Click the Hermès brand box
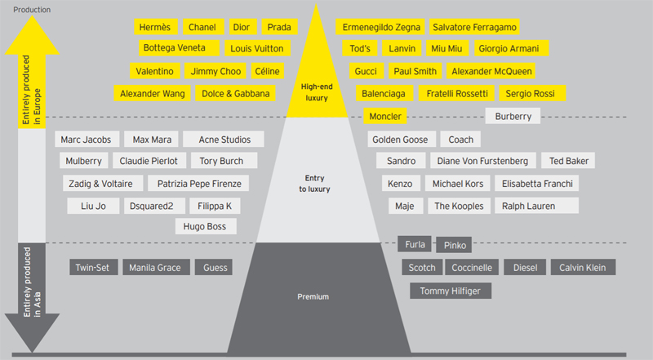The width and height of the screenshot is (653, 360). [x=155, y=27]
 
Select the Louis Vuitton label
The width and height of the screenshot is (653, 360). [x=255, y=48]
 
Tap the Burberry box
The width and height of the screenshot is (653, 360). [x=513, y=116]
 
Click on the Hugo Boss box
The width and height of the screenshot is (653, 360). [x=206, y=226]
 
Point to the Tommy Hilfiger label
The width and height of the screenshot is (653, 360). [x=451, y=290]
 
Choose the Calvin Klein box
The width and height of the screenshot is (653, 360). [x=583, y=267]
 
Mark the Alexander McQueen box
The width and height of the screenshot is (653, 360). [x=492, y=71]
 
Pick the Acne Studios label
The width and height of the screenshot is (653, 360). [x=224, y=140]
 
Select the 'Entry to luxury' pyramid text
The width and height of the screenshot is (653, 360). [x=314, y=183]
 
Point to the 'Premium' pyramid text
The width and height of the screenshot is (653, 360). [x=313, y=296]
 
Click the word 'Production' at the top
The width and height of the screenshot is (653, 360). [x=33, y=9]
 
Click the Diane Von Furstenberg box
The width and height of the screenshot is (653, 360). [x=488, y=161]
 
